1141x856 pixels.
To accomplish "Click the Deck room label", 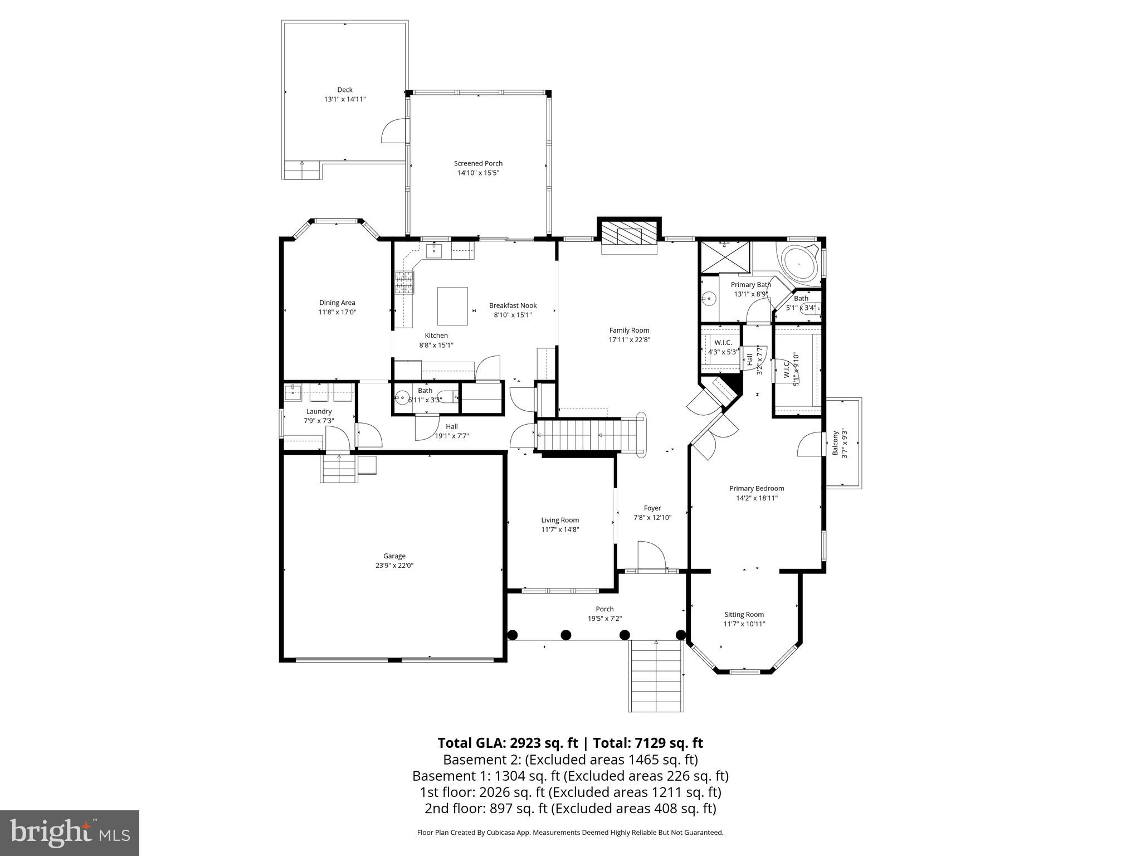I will pos(344,90).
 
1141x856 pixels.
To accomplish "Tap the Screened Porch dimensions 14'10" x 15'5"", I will pos(478,173).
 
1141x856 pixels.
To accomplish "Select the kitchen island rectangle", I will pos(452,306).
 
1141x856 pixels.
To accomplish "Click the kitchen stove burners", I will pos(404,282).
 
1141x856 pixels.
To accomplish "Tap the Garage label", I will pos(394,556).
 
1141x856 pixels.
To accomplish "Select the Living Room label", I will pos(560,520).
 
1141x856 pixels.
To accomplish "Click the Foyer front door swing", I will pos(651,556).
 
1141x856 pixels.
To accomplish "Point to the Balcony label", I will pos(835,444).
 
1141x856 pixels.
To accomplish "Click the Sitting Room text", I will pos(744,614).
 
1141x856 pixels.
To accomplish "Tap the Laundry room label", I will pos(319,411).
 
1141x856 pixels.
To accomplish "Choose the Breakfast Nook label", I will pos(513,305).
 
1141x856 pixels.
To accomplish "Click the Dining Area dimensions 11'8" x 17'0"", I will pos(337,312).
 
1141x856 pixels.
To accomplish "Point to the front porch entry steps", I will pos(656,676).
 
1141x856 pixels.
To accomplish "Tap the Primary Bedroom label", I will pos(757,488).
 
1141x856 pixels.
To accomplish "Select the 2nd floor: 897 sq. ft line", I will pos(570,808).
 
